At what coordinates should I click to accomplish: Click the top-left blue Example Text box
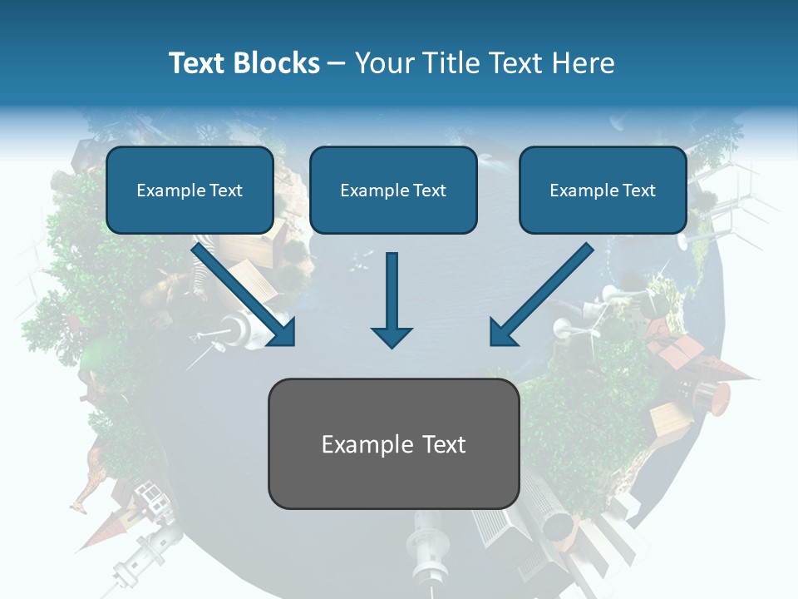(190, 191)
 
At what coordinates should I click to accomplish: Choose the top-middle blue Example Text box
(393, 191)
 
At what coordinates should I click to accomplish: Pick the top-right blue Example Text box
(603, 191)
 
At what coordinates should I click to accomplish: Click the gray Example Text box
(393, 443)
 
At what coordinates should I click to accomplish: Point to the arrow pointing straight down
(392, 299)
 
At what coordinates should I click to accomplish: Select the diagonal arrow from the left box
(244, 295)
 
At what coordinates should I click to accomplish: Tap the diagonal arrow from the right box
(540, 295)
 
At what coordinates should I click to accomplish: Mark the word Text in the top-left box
(225, 191)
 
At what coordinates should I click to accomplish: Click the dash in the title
(337, 63)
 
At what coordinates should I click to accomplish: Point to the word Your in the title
(382, 63)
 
